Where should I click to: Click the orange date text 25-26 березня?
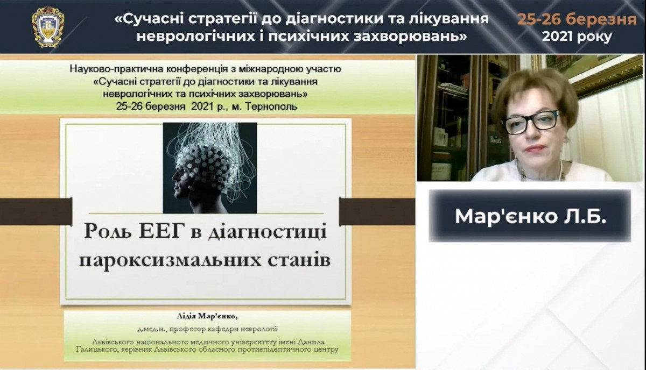[x=577, y=19]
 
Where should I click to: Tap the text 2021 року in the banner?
[x=577, y=37]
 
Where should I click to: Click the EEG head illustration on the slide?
[x=209, y=168]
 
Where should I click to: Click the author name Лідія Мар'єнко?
[x=208, y=316]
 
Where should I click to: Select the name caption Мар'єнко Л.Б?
[x=530, y=216]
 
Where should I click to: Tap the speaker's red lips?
[x=535, y=148]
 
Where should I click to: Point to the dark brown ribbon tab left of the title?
[x=36, y=211]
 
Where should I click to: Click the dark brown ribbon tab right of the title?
[x=377, y=211]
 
